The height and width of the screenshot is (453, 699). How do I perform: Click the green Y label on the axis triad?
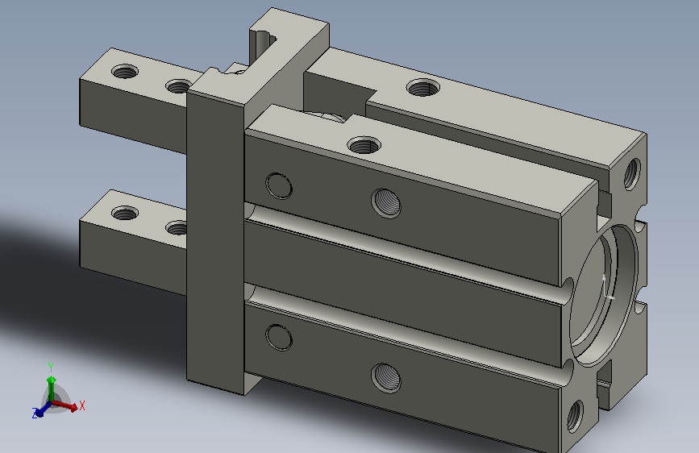tap(51, 368)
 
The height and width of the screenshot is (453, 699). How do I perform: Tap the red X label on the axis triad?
tap(82, 405)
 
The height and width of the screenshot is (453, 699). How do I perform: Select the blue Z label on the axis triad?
tap(35, 414)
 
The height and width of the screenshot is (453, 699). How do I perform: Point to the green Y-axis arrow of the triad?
tap(52, 388)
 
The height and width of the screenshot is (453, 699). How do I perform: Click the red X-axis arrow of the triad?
tap(65, 405)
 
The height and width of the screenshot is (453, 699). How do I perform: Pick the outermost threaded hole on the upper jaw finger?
tap(125, 72)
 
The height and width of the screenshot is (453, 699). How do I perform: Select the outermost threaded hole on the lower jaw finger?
tap(125, 213)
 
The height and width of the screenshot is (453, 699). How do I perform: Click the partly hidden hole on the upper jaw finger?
tap(178, 86)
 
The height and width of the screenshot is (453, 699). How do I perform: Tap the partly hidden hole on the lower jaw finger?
tap(177, 228)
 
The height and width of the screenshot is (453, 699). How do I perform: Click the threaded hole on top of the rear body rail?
tap(422, 87)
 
